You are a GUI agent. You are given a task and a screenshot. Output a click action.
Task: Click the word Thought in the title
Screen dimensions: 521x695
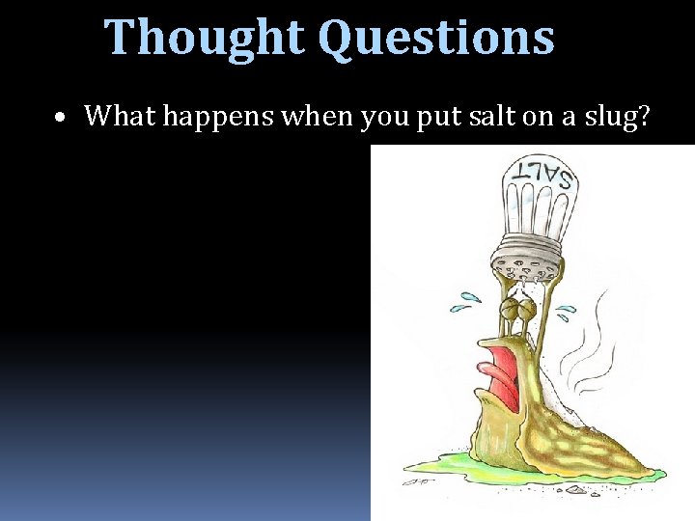(x=205, y=37)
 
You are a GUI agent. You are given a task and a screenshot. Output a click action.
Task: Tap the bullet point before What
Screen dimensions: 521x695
(x=60, y=118)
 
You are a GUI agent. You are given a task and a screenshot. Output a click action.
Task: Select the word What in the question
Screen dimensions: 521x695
(x=120, y=116)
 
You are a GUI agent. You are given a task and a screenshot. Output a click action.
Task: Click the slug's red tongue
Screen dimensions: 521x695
(x=502, y=379)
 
